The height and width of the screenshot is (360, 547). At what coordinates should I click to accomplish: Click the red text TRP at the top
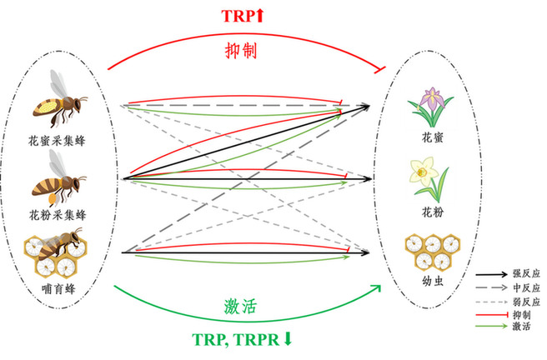tap(238, 16)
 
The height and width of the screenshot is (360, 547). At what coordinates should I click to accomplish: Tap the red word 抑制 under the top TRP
tap(241, 51)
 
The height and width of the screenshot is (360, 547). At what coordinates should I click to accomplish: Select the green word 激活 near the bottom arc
tap(240, 307)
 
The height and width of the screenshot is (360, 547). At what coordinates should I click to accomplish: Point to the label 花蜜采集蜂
tap(57, 141)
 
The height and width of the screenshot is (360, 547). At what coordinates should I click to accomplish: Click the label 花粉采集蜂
tap(58, 215)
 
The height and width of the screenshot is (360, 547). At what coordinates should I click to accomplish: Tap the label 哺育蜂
tap(58, 288)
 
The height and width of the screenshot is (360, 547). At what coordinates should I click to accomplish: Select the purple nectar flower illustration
tap(431, 107)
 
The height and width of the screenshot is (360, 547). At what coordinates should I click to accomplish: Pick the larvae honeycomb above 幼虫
tap(433, 252)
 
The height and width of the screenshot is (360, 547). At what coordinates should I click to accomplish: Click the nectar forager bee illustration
tap(59, 99)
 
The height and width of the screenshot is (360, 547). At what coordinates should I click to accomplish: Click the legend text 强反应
tap(526, 273)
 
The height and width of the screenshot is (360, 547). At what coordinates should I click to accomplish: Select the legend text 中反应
tap(526, 287)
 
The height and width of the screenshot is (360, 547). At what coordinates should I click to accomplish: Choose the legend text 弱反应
tap(526, 302)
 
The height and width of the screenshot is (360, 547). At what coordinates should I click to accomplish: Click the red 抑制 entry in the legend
tap(521, 315)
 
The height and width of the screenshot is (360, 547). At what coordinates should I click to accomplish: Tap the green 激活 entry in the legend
tap(521, 327)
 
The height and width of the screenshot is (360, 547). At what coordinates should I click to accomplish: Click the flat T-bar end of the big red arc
tap(379, 69)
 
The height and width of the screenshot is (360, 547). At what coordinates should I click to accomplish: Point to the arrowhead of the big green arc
tap(377, 287)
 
